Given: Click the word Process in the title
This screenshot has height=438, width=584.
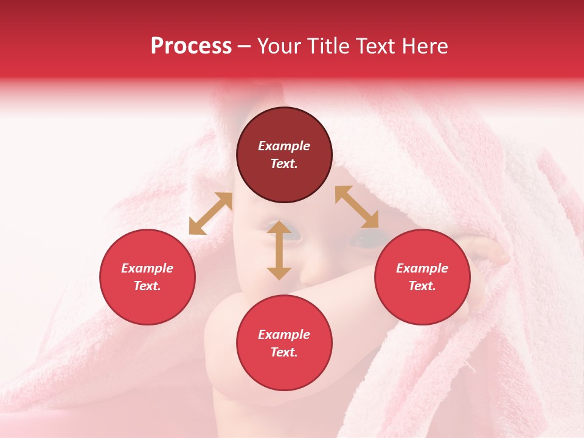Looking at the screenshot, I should [191, 46].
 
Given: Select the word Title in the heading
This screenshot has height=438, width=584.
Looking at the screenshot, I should [329, 46].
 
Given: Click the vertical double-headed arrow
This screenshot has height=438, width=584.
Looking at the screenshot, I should [279, 250].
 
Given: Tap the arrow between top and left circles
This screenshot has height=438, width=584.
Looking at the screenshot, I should [210, 214].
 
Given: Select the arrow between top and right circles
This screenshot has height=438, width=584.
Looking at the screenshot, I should [356, 207].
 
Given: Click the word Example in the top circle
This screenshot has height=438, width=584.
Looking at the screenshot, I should [284, 146].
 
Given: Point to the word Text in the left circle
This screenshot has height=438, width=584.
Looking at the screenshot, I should [147, 286].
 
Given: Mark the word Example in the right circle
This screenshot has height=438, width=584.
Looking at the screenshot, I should [422, 268].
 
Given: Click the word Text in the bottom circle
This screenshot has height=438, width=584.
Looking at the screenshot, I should [284, 352].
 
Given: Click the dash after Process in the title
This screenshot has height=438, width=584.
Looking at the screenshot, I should [245, 46].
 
